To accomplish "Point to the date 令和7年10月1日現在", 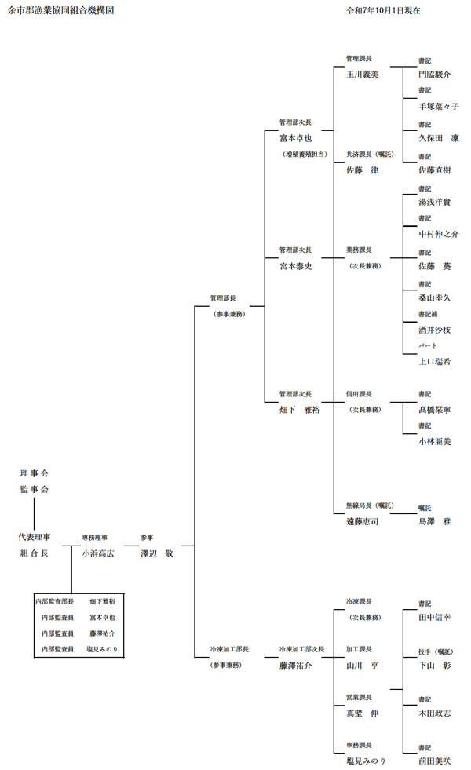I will (x=382, y=11).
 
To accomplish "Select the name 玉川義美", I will (x=363, y=75).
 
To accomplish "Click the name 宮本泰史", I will (x=296, y=266).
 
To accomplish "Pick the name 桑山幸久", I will (x=435, y=297).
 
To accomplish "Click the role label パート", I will (x=427, y=345).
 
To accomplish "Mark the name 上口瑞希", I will (x=435, y=361).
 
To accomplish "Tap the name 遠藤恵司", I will (x=363, y=520).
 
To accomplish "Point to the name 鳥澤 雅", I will (x=435, y=520).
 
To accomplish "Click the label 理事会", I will (x=35, y=473).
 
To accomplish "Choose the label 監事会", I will (x=35, y=489).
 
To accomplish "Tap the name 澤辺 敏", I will (x=156, y=553).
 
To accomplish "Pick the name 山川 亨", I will (x=363, y=665).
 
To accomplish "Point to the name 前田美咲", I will (x=435, y=760).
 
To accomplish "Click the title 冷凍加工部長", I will (x=229, y=649).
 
